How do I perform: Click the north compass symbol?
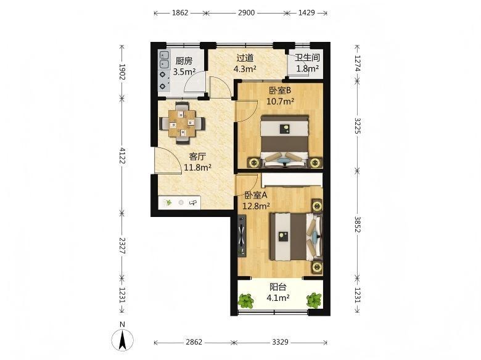point(122,340)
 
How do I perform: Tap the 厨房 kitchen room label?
point(184,61)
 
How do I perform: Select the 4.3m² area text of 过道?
point(245,68)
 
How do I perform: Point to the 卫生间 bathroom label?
point(307,57)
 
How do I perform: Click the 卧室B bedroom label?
point(280,91)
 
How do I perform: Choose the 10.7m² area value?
point(281,101)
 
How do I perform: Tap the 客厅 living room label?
point(197,157)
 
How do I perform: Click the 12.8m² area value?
point(256,206)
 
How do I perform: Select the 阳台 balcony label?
point(278,287)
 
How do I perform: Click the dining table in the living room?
point(182,123)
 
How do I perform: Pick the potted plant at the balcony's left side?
point(246,300)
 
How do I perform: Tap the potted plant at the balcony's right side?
point(313,300)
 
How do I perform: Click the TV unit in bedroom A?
point(242,235)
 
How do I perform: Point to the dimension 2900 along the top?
point(246,12)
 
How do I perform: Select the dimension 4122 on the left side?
point(122,155)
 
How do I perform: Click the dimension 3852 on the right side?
point(358,224)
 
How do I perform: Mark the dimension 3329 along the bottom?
point(281,342)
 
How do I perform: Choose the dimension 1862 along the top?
point(180,12)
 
